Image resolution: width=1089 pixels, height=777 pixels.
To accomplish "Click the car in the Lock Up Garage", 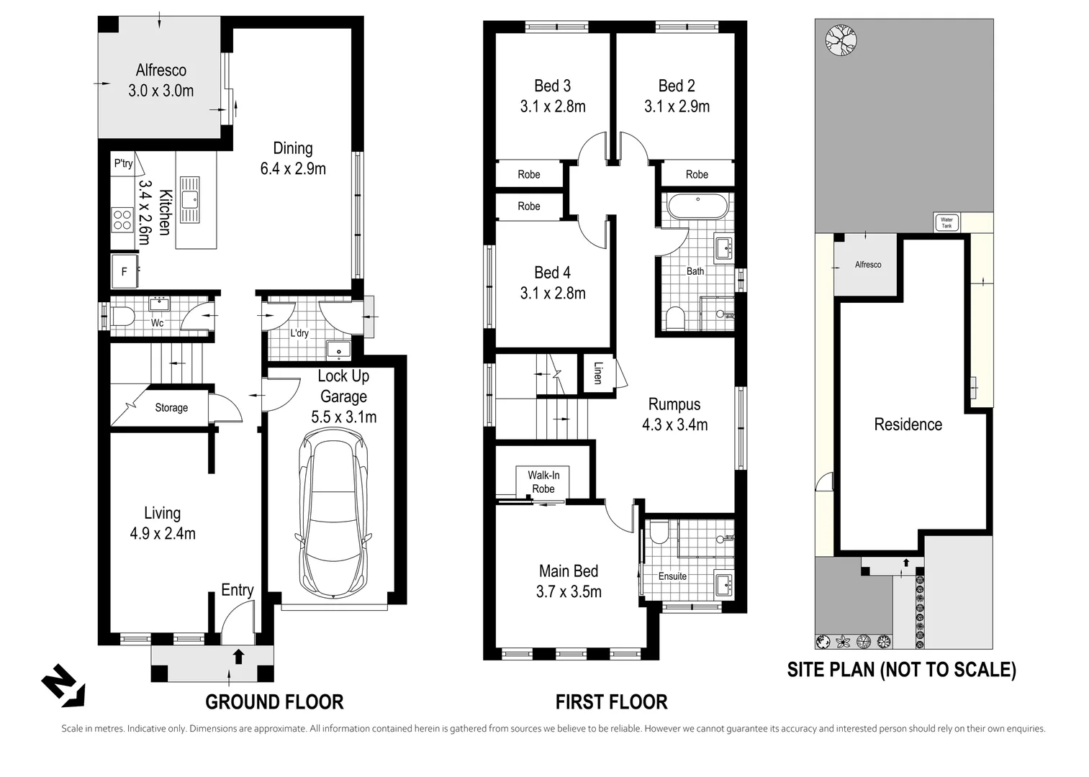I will coord(333,514).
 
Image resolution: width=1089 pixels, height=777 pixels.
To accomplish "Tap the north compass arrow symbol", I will coord(63,686).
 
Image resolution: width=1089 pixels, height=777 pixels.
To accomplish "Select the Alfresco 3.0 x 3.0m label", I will coord(161,81).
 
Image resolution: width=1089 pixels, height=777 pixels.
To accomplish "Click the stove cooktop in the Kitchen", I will coord(122,219).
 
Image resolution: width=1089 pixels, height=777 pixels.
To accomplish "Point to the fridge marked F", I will coord(125,271).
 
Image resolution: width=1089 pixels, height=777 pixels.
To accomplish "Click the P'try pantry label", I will coord(123,163).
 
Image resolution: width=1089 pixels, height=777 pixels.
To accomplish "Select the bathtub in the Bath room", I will coord(697,206).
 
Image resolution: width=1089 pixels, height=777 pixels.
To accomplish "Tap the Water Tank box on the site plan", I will coord(946,223).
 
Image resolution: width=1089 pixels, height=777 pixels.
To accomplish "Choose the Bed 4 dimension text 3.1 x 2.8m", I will coord(553,294).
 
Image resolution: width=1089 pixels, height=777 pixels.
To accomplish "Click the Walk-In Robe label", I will coord(543,482).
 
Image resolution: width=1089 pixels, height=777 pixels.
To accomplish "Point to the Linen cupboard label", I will coord(597,372).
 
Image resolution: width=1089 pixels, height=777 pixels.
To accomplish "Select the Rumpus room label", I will coord(674,404).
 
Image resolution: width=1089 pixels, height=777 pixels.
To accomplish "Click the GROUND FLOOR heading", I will coord(274,701).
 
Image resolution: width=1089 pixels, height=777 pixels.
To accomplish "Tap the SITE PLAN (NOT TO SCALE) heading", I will coord(901,670).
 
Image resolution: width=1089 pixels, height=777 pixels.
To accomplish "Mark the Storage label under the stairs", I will coord(171,408).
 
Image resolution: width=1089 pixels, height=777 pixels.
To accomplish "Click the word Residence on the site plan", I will coord(908,424).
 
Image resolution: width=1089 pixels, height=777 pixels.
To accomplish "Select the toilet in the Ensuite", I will coord(659,533).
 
